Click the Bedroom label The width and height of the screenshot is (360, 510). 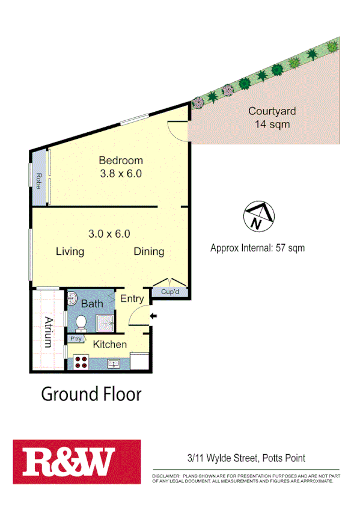[x=121, y=160]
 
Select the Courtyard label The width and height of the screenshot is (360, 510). [x=272, y=111]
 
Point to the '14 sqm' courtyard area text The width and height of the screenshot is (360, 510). [x=272, y=124]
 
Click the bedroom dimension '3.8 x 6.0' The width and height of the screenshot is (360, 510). [x=121, y=174]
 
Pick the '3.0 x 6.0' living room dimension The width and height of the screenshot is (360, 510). [x=109, y=234]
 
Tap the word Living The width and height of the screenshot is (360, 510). [x=70, y=251]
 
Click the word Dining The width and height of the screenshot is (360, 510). [x=148, y=251]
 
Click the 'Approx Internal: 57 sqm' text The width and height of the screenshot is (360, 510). [x=257, y=248]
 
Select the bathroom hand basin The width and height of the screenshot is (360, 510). [x=72, y=298]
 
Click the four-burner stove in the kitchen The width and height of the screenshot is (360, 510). [x=81, y=363]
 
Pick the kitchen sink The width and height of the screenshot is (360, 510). [x=114, y=363]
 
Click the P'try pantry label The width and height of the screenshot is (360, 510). [x=76, y=339]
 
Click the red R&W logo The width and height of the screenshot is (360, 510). [x=77, y=461]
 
